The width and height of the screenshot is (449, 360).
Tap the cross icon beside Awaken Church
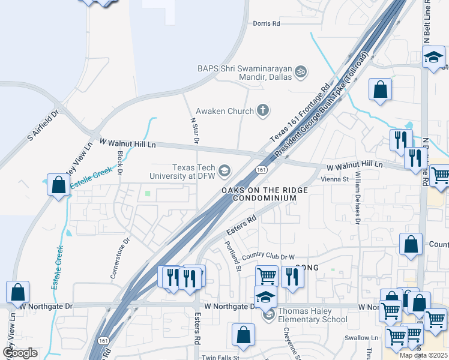coord(262,110)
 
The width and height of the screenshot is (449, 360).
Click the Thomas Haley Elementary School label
coord(314,315)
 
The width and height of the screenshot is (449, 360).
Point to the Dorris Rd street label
coord(267,24)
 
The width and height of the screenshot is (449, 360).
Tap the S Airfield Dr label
coord(43,125)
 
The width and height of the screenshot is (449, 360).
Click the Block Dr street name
coord(121,162)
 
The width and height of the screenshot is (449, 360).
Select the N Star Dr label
coord(194,131)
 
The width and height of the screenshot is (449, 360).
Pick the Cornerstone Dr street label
coord(120,259)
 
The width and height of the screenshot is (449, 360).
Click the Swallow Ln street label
coord(366,338)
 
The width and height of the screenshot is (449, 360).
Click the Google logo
coord(20,353)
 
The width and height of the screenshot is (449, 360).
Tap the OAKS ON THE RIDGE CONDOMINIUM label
coord(264,194)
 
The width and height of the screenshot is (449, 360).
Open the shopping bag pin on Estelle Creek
coord(58,185)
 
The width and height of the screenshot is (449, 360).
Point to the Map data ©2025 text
coord(423,355)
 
